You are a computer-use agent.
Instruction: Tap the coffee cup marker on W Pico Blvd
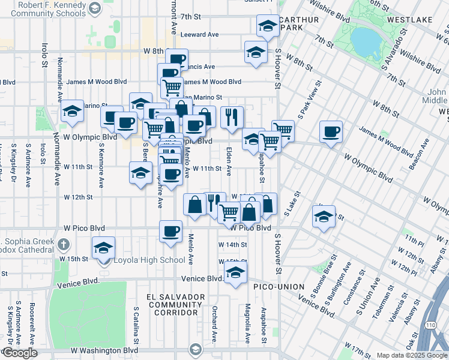click(x=171, y=230)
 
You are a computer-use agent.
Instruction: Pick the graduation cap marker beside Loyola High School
click(x=104, y=247)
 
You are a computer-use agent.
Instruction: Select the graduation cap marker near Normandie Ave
click(x=72, y=110)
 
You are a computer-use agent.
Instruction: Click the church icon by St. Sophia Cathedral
click(x=64, y=245)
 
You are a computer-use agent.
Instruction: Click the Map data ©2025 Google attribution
click(x=412, y=355)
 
